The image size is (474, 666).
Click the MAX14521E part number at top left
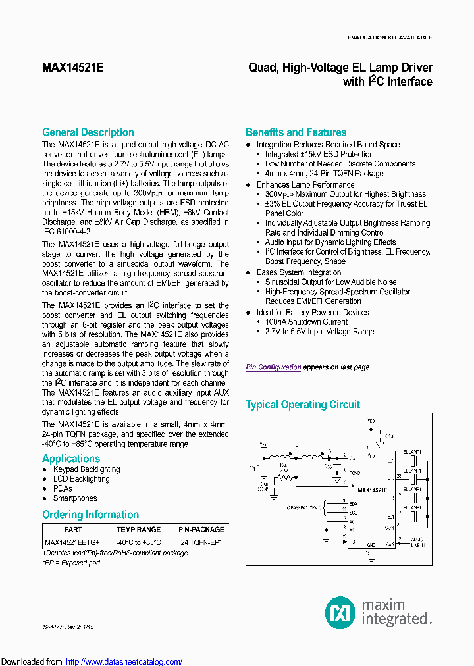click(x=73, y=67)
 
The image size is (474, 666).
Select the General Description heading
click(x=88, y=132)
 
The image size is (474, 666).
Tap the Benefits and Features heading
click(x=296, y=132)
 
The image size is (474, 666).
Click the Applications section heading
click(x=71, y=459)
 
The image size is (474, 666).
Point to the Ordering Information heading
click(x=90, y=515)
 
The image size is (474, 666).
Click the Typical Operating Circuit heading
click(x=303, y=405)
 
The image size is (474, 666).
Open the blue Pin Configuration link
click(x=273, y=367)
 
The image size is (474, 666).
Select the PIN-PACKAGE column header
click(x=201, y=530)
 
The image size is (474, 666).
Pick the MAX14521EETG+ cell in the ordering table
click(x=72, y=542)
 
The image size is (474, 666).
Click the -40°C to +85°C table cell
click(x=138, y=542)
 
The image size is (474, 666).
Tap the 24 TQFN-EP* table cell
click(x=201, y=542)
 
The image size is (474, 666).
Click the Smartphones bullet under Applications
click(x=75, y=498)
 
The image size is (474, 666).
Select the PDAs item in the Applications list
click(x=63, y=489)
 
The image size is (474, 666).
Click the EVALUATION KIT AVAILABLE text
click(x=390, y=38)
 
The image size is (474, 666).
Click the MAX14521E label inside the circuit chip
click(x=372, y=490)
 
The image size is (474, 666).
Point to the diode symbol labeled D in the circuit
click(x=329, y=455)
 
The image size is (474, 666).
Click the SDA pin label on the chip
click(x=353, y=503)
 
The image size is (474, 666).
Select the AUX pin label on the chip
click(x=390, y=544)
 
